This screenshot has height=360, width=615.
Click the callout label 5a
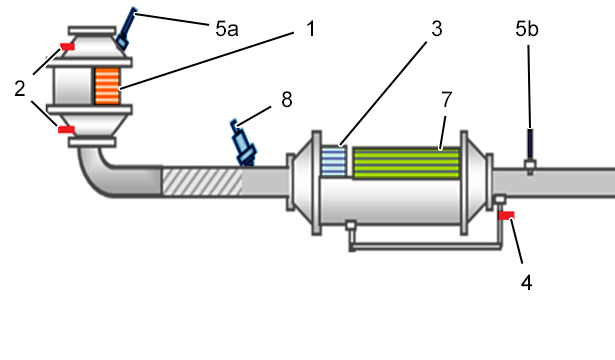tap(227, 29)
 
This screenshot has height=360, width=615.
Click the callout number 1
tap(311, 29)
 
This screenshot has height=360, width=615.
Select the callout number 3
tap(437, 29)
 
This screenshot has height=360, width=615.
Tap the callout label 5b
tap(527, 29)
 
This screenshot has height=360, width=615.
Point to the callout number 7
tap(447, 100)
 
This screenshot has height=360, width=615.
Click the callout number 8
tap(287, 100)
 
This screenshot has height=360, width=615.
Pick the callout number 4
tap(527, 282)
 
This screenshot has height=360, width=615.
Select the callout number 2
tap(20, 88)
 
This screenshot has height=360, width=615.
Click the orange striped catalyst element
tap(107, 86)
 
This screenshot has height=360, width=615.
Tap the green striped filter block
tap(406, 163)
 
